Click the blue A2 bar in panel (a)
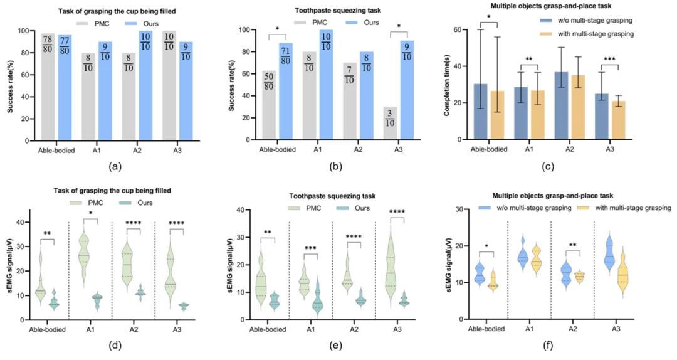coord(164,94)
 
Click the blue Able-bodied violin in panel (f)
coord(479,275)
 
